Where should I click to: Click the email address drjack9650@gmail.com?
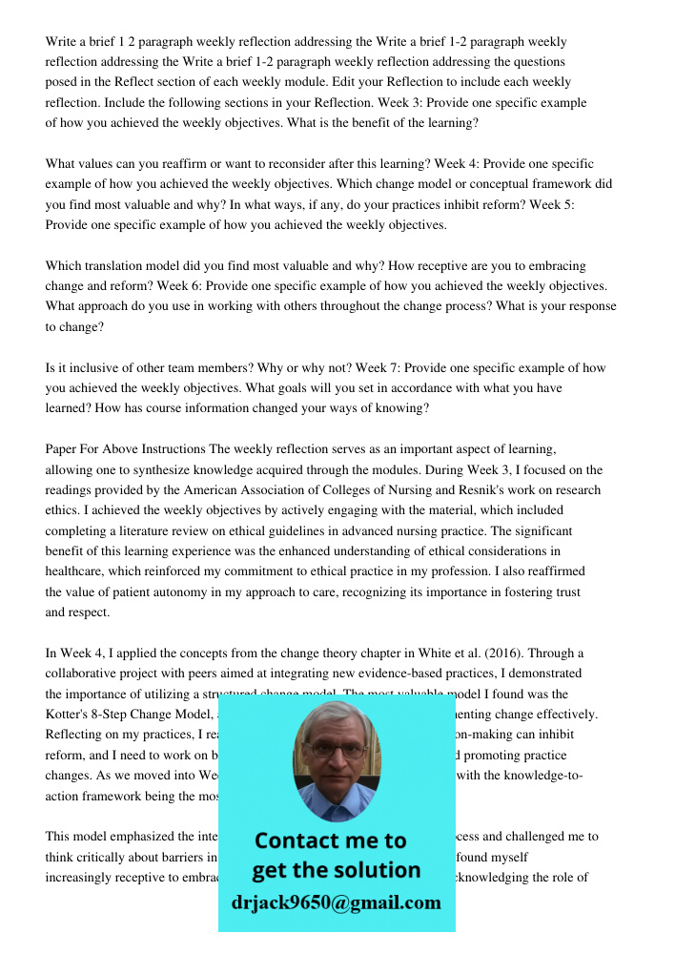(x=336, y=902)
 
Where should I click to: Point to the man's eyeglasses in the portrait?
(x=336, y=748)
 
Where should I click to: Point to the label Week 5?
(x=588, y=204)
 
